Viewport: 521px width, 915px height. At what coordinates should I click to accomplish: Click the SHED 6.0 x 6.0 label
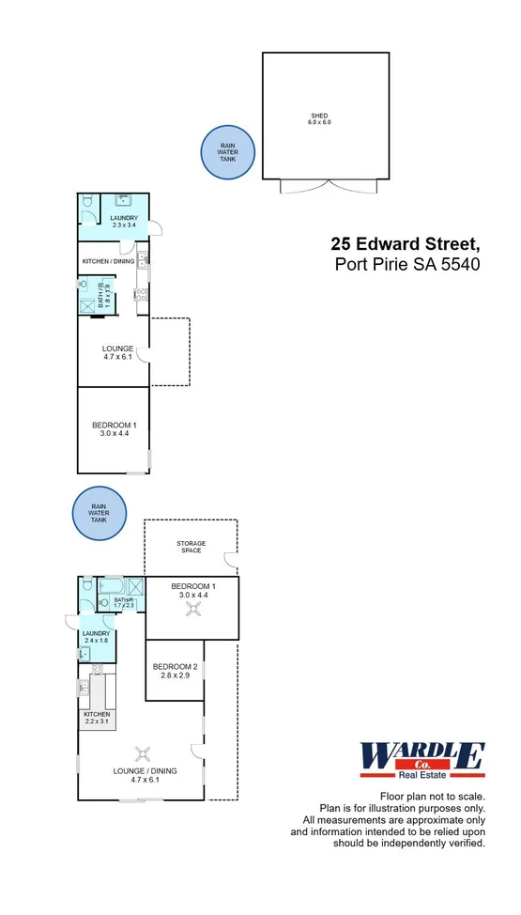click(x=321, y=118)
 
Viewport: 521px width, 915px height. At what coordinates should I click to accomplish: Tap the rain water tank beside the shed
click(x=227, y=152)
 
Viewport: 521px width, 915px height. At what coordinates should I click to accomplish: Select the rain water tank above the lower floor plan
click(x=99, y=514)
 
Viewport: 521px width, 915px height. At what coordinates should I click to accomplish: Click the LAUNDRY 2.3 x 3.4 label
click(x=124, y=221)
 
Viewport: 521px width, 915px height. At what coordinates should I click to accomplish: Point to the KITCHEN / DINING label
click(x=107, y=260)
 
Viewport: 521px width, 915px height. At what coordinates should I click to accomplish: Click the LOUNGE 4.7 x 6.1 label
click(x=117, y=352)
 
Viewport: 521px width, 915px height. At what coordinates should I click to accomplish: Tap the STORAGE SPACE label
click(x=191, y=547)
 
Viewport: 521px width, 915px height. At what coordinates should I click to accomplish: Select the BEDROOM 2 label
click(x=176, y=671)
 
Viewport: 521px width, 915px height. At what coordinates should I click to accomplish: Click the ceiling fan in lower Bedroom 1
click(x=193, y=609)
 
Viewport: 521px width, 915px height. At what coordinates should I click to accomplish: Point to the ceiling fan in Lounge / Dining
click(x=143, y=752)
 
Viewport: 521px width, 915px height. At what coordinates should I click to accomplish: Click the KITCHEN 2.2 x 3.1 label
click(x=97, y=718)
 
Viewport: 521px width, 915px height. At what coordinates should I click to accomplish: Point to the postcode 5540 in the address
click(x=461, y=264)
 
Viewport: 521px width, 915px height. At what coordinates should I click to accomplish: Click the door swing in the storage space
click(x=228, y=561)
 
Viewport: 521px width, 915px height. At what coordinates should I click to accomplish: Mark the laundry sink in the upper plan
click(x=123, y=199)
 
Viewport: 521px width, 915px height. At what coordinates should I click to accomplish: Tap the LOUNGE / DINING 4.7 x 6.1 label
click(x=145, y=775)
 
